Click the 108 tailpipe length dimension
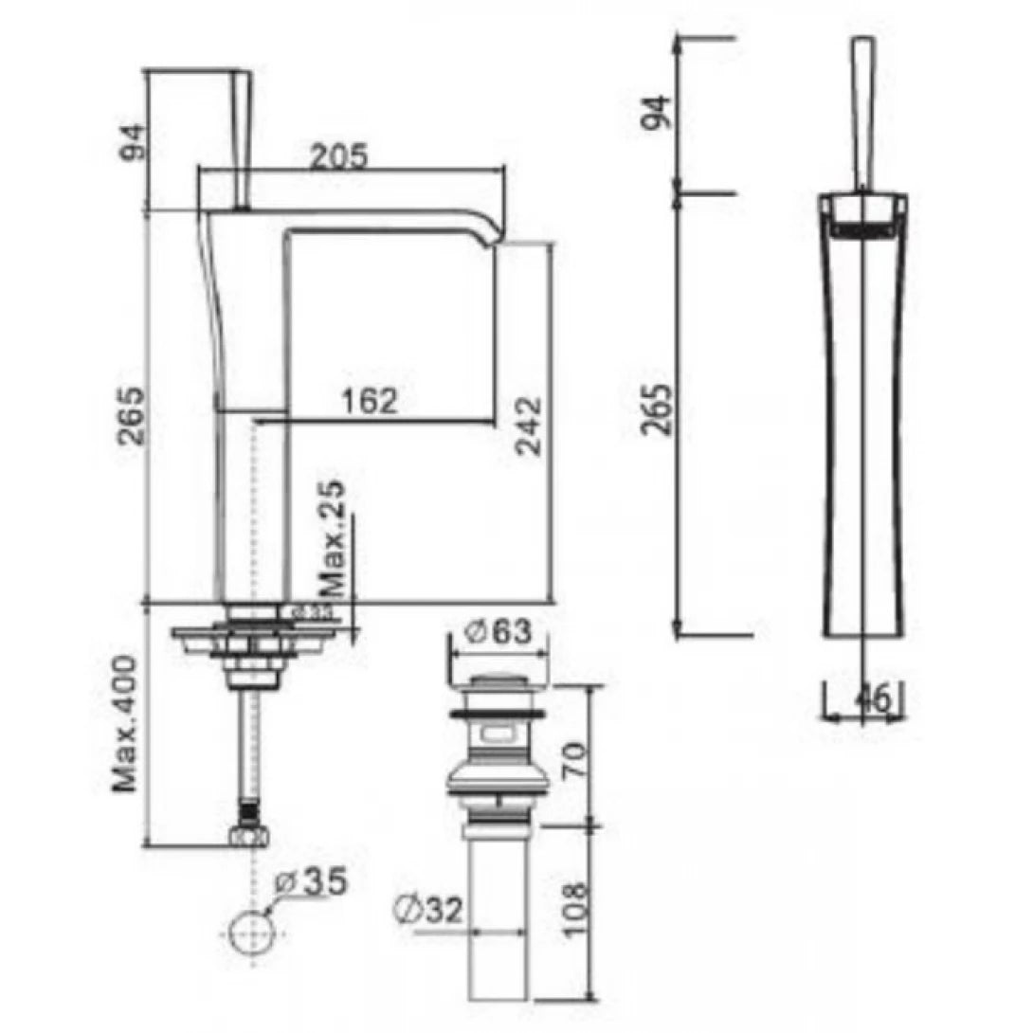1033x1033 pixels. [572, 911]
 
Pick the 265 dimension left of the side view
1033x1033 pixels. [657, 408]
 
